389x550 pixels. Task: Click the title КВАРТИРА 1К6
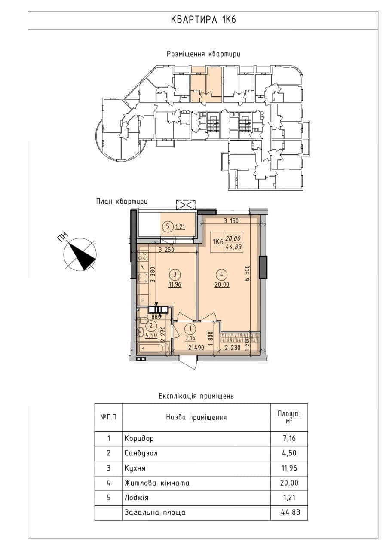pos(203,20)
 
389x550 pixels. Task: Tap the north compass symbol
pos(80,254)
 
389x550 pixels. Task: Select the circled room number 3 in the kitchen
pos(175,275)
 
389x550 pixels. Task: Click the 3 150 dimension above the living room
pos(231,221)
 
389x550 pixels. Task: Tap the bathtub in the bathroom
pos(153,348)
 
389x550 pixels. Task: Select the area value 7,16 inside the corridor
pos(190,338)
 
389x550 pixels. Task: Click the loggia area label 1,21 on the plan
pos(180,226)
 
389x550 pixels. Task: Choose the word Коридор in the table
pos(139,438)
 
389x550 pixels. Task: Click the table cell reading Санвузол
pos(141,453)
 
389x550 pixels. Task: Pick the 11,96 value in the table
pos(289,468)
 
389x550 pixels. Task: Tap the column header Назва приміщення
pos(196,417)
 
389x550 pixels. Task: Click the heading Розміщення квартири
pos(203,54)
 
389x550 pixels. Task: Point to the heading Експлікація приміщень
pos(196,396)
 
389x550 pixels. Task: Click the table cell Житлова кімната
pos(157,483)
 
